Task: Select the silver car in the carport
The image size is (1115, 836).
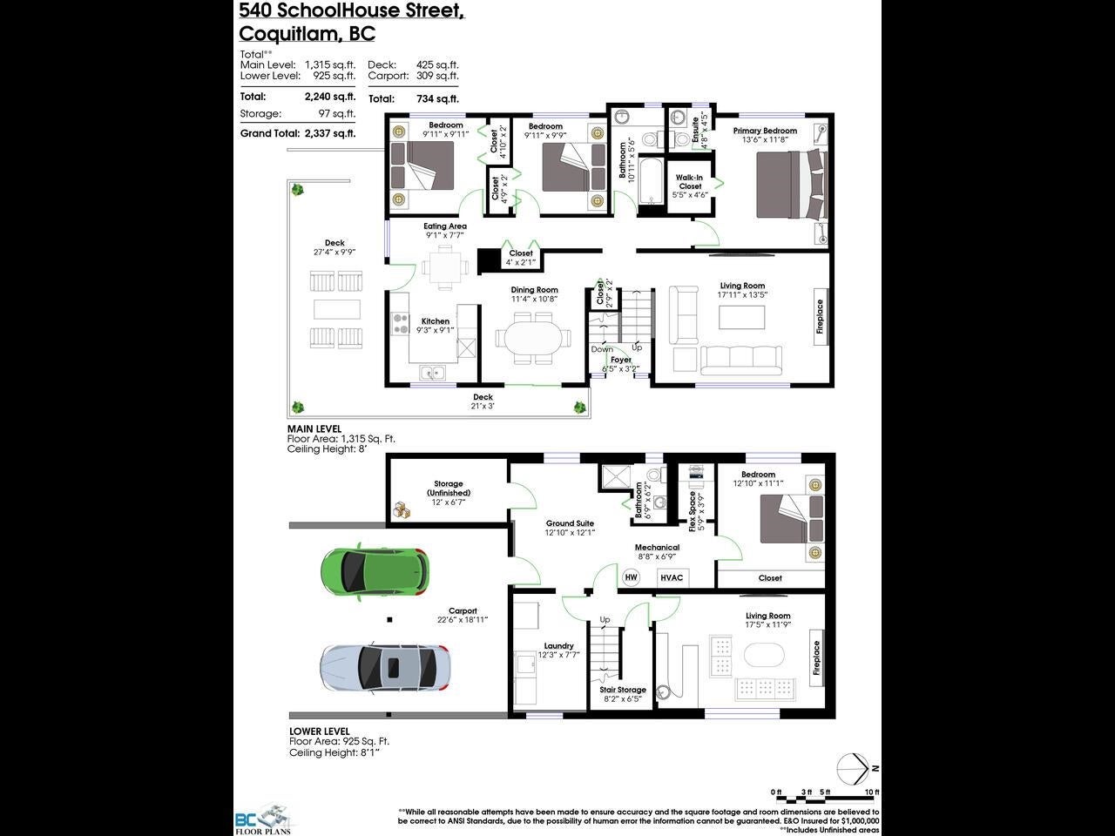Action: tap(384, 668)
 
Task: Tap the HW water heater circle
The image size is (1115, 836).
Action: tap(632, 577)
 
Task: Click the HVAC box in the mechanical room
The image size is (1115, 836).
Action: tap(672, 577)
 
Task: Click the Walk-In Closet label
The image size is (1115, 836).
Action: tap(689, 181)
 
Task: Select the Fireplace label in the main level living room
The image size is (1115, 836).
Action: tap(819, 317)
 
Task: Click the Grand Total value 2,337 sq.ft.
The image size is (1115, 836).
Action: tap(329, 133)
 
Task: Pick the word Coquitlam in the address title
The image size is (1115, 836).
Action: tap(283, 34)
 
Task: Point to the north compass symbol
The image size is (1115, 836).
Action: tap(853, 768)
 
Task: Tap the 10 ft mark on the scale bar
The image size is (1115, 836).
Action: tap(872, 792)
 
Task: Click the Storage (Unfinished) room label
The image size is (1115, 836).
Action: tap(449, 488)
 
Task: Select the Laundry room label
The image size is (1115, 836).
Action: tap(558, 646)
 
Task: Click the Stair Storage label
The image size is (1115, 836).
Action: tap(623, 689)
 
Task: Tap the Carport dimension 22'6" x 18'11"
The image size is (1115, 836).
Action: tap(463, 619)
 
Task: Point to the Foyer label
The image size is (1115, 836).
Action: tap(620, 359)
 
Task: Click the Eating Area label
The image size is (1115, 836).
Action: tap(445, 226)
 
